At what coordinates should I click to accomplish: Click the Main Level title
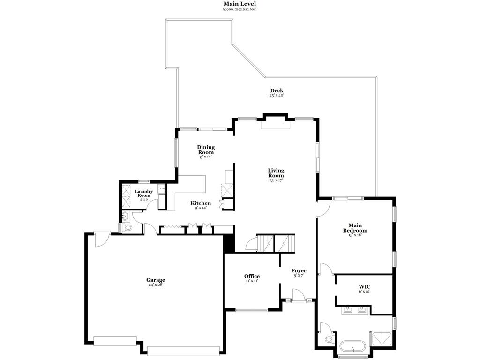(x=240, y=4)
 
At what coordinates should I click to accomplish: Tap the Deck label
(x=277, y=90)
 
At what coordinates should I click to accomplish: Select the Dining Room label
(x=206, y=150)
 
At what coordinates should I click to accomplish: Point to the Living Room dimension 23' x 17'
(x=276, y=180)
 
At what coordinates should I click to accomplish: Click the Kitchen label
(x=201, y=203)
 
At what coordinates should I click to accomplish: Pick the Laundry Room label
(x=144, y=194)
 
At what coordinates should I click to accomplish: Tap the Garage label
(x=156, y=280)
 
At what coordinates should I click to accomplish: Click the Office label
(x=252, y=276)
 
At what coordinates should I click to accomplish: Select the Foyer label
(x=299, y=270)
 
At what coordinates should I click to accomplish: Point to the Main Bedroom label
(x=355, y=228)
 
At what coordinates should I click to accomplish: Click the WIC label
(x=365, y=287)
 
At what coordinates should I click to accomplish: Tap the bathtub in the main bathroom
(x=352, y=347)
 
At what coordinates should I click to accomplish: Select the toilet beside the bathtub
(x=329, y=339)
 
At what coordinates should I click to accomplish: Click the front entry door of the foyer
(x=299, y=296)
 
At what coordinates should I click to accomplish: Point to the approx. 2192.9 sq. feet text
(x=239, y=9)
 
